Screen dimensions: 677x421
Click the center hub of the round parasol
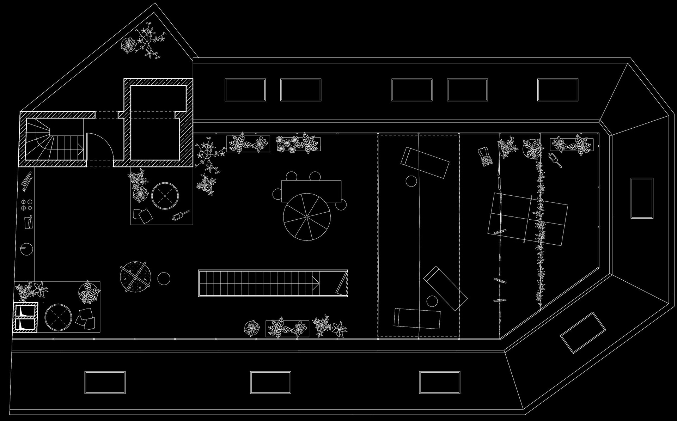[x=307, y=216]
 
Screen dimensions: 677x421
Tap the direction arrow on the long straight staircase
[x=316, y=283]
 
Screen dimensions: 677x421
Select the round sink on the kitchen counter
[x=26, y=249]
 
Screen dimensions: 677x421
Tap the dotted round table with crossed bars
[x=135, y=277]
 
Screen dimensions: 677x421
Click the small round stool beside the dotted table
[x=164, y=279]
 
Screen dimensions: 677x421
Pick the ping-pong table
[x=528, y=219]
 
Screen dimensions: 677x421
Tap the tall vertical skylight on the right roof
[x=642, y=198]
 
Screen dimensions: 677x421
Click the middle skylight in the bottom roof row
[x=270, y=383]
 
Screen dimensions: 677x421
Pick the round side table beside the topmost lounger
[x=411, y=181]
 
